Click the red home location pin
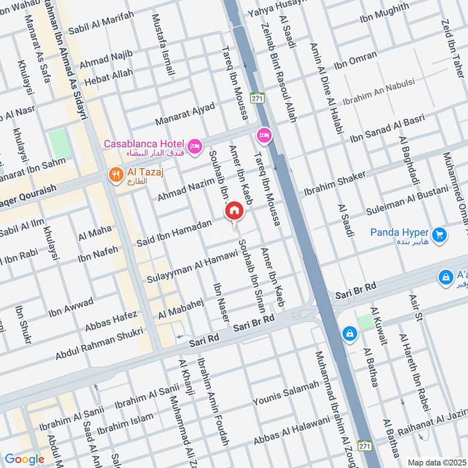(234, 211)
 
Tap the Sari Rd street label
(203, 347)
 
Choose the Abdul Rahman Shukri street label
(99, 344)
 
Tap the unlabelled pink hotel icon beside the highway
(264, 136)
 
